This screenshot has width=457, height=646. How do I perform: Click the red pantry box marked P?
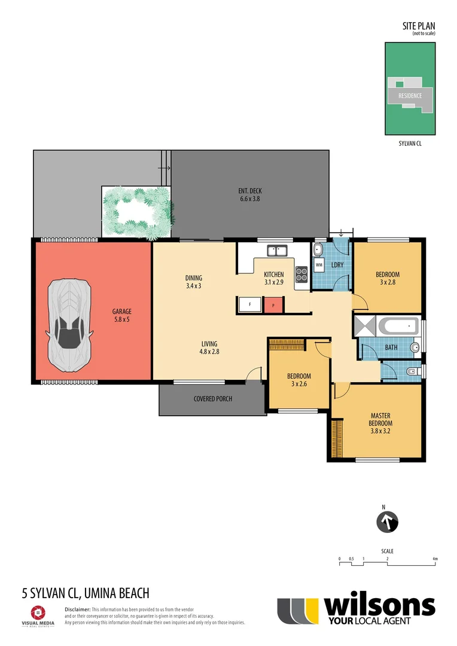coord(273,304)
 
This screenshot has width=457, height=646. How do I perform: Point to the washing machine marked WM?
coord(319,264)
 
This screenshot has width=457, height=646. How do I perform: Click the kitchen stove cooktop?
coord(301,273)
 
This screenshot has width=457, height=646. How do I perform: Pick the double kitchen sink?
coord(277,250)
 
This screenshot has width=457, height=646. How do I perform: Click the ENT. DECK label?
coord(249,195)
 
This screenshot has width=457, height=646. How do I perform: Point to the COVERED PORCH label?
coord(212,399)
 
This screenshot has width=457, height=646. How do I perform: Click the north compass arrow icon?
coord(387,522)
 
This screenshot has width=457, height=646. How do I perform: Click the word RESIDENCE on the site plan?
coord(410,96)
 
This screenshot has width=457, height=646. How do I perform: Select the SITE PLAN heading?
coord(418,26)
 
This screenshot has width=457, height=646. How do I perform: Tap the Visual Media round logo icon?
coord(38,613)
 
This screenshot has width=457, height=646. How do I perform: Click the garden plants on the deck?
coord(137,211)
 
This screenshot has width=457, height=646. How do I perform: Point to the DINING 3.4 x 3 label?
coord(193,282)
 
